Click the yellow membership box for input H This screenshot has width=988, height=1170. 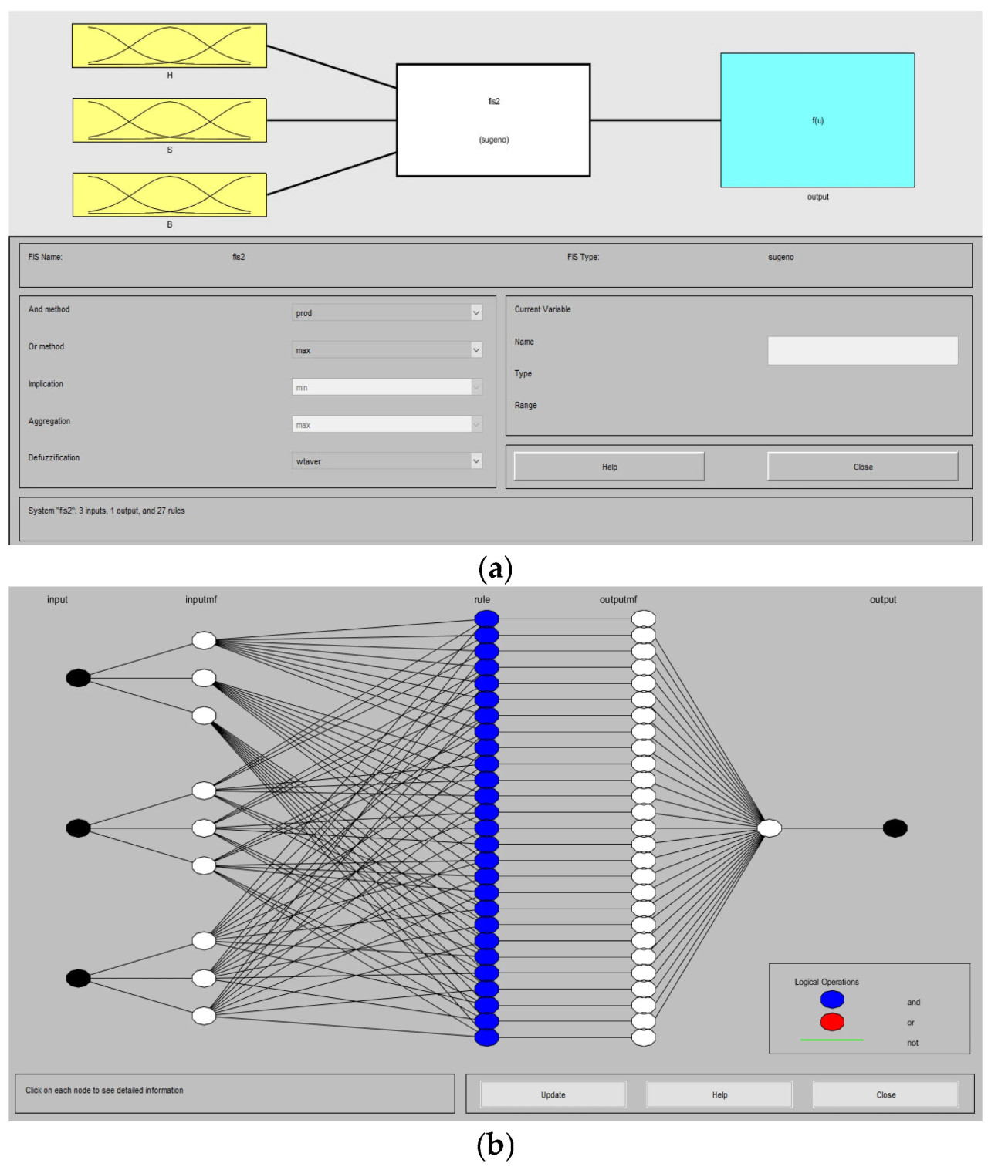point(169,46)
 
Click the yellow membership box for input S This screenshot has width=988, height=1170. point(169,120)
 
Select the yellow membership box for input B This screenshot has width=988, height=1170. point(169,195)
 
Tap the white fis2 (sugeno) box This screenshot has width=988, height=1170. point(493,120)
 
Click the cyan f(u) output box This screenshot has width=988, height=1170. point(817,120)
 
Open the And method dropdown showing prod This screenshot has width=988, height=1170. point(387,312)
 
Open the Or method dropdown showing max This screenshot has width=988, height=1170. point(387,350)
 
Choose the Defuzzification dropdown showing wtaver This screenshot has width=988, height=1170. point(387,461)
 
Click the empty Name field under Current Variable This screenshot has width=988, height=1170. point(862,350)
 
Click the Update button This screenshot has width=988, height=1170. point(553,1094)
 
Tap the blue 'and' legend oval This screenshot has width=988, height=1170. point(832,1000)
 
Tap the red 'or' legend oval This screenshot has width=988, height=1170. point(832,1022)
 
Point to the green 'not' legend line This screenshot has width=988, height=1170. point(832,1040)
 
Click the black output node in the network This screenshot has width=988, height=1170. point(895,828)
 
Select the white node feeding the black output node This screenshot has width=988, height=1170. point(770,828)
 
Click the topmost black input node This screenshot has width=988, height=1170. point(78,678)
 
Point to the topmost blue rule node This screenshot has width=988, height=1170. point(486,619)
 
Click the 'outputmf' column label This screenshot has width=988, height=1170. point(618,600)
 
